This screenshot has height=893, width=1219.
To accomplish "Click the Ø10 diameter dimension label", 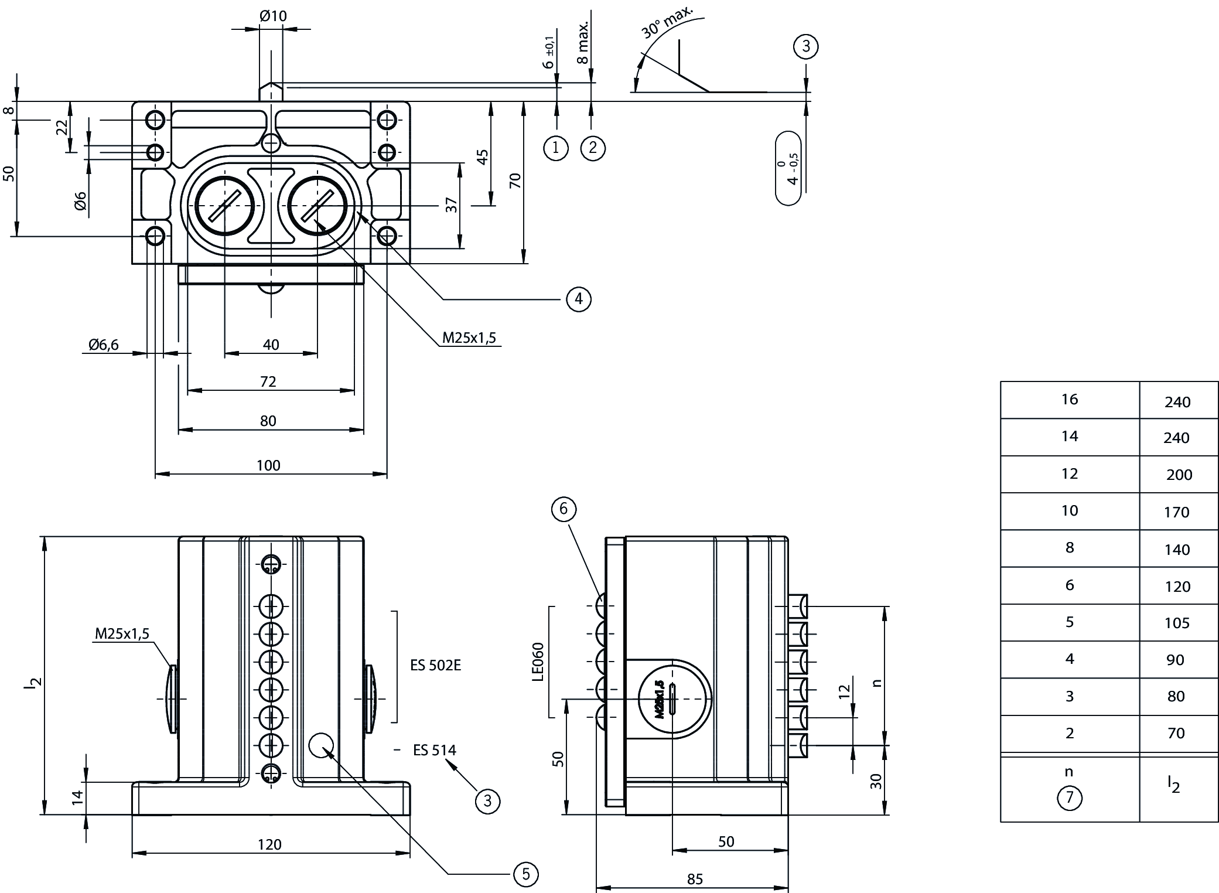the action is (274, 16).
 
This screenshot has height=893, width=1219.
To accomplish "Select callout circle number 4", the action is (579, 299).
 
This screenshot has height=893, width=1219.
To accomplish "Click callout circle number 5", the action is (525, 874).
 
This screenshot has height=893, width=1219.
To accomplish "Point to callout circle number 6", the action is (564, 509).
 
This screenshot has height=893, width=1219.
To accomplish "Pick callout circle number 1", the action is (556, 148).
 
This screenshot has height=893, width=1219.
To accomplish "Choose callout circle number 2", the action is (593, 148).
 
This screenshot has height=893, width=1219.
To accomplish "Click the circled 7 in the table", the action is (1070, 798).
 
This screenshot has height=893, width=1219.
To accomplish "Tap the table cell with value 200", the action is (1179, 475).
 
